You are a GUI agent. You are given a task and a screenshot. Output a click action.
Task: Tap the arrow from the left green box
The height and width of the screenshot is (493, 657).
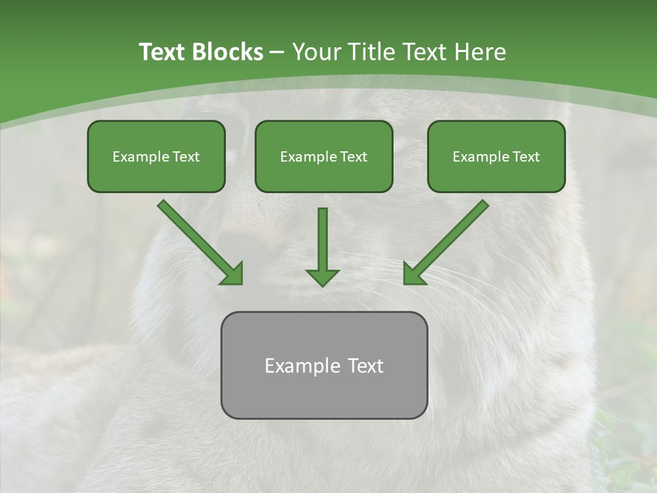click(x=200, y=242)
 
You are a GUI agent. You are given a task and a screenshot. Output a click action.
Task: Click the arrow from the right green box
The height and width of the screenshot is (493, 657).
click(x=446, y=242)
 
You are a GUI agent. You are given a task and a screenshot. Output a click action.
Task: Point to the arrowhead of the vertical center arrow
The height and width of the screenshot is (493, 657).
click(x=322, y=277)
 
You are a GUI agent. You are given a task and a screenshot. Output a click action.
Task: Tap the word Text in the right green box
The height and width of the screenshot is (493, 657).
click(x=526, y=157)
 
